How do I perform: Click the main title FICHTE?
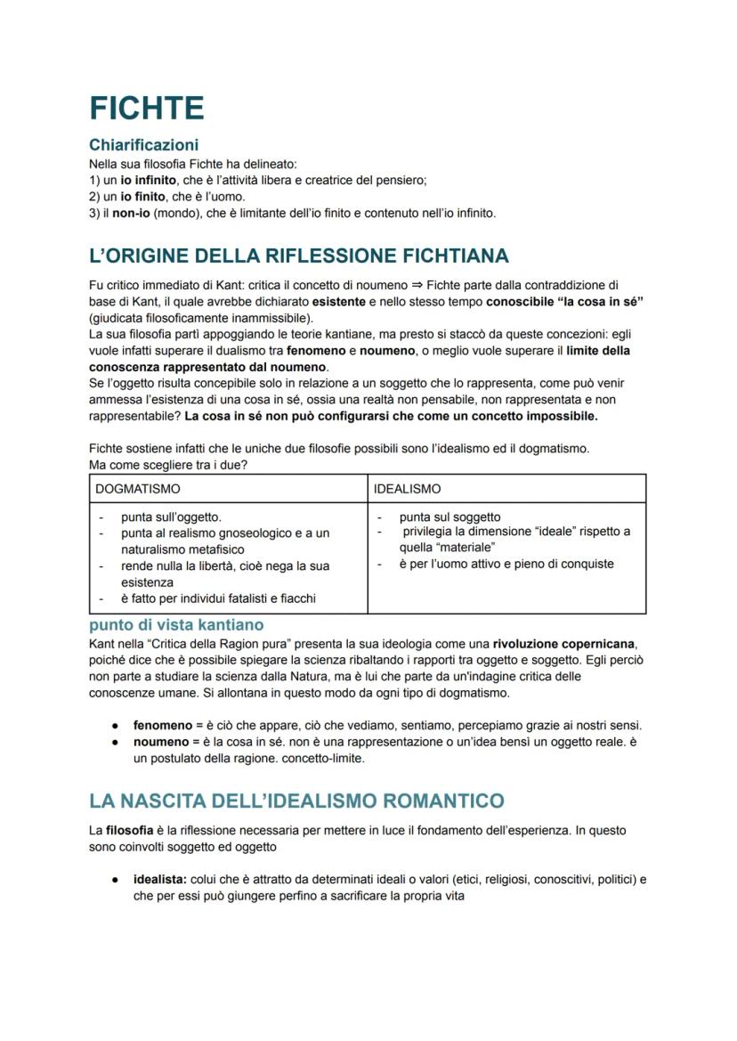147,108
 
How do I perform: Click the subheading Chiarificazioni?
143,144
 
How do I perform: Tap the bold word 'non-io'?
129,213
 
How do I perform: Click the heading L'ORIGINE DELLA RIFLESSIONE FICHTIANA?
299,256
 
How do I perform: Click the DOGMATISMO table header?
138,489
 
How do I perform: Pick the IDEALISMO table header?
407,489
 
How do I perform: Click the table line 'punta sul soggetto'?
449,516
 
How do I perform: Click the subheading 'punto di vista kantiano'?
176,625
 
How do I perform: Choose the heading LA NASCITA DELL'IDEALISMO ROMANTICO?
296,801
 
